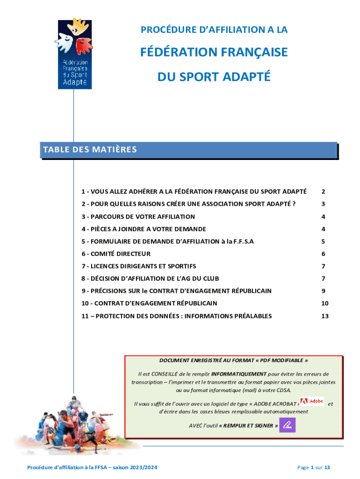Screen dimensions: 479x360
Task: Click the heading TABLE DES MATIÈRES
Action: coord(90,150)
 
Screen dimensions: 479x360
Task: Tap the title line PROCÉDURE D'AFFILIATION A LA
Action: coord(214,30)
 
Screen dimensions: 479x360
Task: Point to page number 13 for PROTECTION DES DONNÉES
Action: coord(325,316)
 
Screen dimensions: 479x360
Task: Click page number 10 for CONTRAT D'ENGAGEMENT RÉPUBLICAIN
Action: coord(325,304)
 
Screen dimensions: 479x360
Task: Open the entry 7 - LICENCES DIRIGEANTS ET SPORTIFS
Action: coord(138,266)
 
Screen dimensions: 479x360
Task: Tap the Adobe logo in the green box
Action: coord(311,401)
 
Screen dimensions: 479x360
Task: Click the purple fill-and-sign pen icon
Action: coord(288,425)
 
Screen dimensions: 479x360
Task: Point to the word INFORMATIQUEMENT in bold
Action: coord(239,374)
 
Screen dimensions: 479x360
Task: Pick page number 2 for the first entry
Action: coord(323,192)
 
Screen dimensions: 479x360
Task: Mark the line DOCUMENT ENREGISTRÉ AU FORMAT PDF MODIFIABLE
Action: coord(234,361)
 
